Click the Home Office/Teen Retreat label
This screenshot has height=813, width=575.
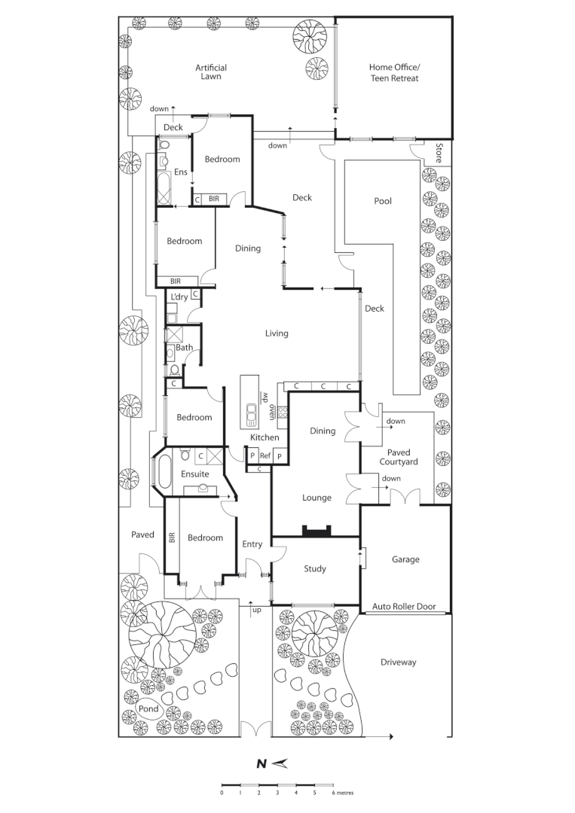(393, 72)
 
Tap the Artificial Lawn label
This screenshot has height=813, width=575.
(211, 72)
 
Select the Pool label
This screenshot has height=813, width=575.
(383, 201)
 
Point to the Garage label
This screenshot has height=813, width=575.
(405, 559)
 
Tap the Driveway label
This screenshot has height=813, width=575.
(398, 662)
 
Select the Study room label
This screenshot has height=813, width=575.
(315, 568)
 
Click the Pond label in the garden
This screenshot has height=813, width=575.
(148, 709)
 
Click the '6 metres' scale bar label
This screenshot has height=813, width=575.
(343, 793)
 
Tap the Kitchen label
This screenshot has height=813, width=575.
(265, 437)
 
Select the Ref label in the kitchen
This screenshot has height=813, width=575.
(265, 456)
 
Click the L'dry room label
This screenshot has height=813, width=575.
(179, 297)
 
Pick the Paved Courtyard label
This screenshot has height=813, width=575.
(399, 457)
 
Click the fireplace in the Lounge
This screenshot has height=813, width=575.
(316, 531)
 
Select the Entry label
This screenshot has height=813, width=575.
(252, 544)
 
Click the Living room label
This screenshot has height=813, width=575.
(277, 333)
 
